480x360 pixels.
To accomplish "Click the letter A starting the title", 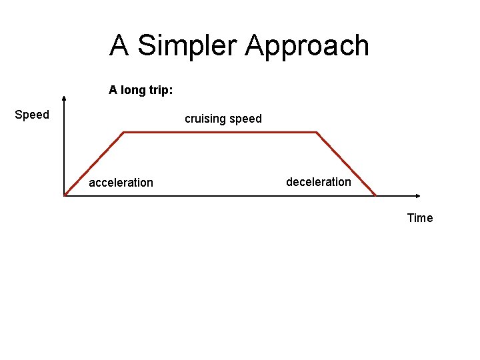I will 119,45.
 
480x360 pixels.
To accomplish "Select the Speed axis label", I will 32,115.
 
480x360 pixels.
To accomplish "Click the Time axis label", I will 420,218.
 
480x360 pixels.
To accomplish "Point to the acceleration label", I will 121,183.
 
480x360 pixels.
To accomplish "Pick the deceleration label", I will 319,182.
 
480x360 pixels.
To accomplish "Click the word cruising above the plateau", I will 205,119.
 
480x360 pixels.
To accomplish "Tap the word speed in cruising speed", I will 245,120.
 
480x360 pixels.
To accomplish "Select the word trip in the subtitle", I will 161,89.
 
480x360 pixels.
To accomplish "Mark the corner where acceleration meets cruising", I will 124,132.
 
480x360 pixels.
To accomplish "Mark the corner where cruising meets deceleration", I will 315,132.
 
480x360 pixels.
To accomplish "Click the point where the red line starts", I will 65,195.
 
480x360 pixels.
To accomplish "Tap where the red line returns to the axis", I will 376,195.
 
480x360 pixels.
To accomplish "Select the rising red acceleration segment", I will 94,164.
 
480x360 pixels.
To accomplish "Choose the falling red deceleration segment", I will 345,163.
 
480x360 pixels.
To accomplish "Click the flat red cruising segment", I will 220,132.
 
